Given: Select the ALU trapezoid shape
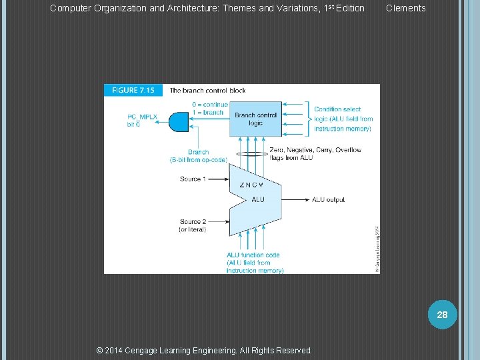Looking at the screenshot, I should click(255, 199).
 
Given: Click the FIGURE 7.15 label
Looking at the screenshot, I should click(133, 90).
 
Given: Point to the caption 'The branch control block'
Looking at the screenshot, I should click(207, 90).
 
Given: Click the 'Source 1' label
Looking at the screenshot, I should click(193, 179).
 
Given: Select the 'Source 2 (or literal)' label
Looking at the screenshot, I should click(193, 225).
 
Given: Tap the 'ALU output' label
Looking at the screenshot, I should click(328, 199).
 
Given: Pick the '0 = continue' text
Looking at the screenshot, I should click(209, 105).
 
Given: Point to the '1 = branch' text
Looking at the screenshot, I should click(209, 112).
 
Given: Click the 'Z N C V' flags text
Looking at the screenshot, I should click(251, 185).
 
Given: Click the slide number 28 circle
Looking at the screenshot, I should click(443, 314).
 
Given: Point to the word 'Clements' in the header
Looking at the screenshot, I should click(405, 8).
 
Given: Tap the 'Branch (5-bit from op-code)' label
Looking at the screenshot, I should click(198, 156).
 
